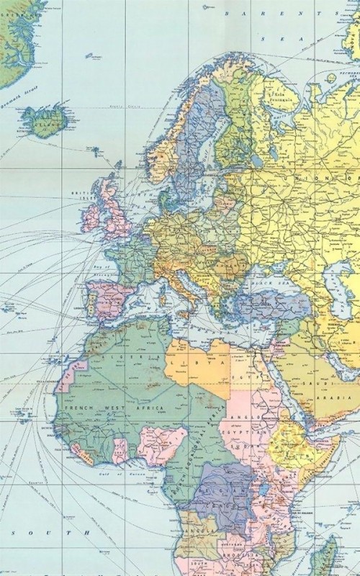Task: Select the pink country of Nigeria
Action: (162, 445)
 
